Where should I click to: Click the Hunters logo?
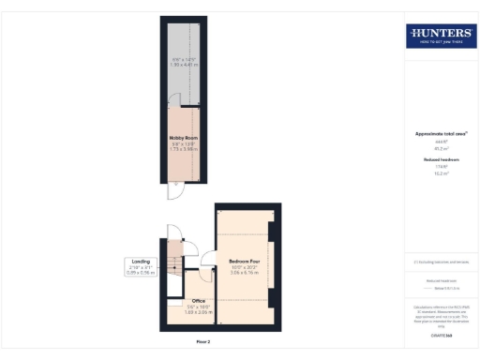coord(441,37)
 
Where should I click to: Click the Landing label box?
coord(141,268)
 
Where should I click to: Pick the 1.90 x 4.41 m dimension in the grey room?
coord(186,67)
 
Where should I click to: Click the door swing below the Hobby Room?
coord(172,191)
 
